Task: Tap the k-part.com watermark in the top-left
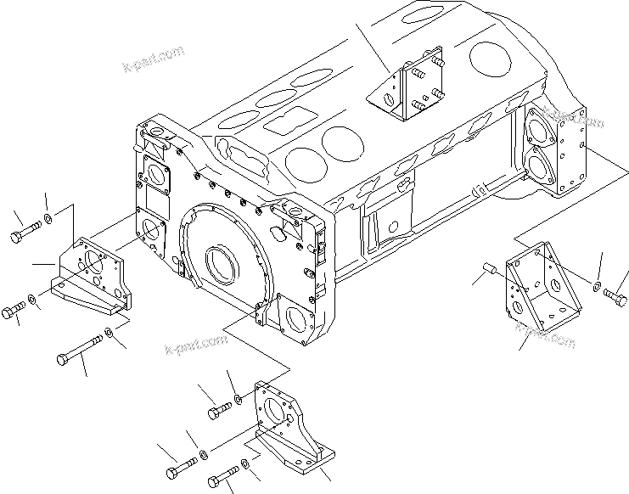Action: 153,58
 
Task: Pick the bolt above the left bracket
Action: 26,229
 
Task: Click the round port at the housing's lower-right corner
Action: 298,319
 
